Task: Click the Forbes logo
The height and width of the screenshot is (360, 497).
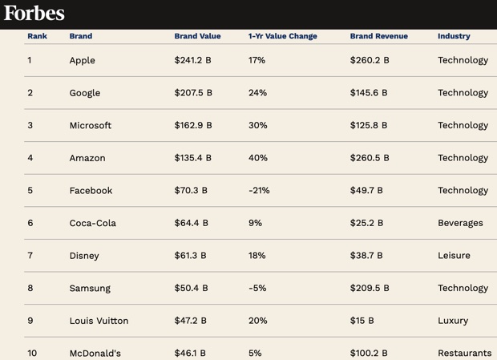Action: pos(34,13)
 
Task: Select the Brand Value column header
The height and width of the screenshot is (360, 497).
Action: pos(197,36)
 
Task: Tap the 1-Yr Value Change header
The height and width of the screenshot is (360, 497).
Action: pos(282,36)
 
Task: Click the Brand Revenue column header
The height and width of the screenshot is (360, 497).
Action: pos(378,36)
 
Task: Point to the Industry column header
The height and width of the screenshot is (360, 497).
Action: pos(454,36)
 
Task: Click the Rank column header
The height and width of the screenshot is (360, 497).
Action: pos(37,36)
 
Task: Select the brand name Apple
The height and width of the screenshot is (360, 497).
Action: pos(82,60)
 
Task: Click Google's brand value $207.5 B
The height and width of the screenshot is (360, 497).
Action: pos(193,93)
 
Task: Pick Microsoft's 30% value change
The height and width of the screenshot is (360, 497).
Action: pos(258,125)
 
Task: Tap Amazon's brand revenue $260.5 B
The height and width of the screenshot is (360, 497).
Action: pos(370,158)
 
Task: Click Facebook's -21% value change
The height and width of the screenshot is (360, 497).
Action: pos(259,191)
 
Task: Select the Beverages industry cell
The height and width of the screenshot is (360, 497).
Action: pos(460,223)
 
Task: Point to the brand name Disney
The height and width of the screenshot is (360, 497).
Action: pos(84,256)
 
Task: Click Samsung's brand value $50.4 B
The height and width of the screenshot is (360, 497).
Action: pos(191,288)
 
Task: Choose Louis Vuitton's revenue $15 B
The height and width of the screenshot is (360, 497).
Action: pos(362,321)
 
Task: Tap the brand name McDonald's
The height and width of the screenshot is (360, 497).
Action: pos(95,353)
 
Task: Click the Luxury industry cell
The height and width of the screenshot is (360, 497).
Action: pos(453,321)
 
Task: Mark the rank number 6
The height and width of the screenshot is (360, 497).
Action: pos(30,223)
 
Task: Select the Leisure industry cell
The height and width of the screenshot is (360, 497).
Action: pos(454,256)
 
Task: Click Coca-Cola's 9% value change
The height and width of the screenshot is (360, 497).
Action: pos(255,223)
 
